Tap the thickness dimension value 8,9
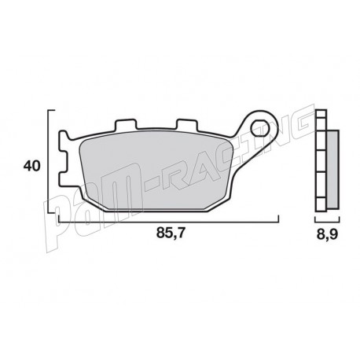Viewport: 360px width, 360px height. (324, 233)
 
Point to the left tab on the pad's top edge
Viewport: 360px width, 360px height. (123, 125)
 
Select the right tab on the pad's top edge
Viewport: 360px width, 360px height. (187, 125)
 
